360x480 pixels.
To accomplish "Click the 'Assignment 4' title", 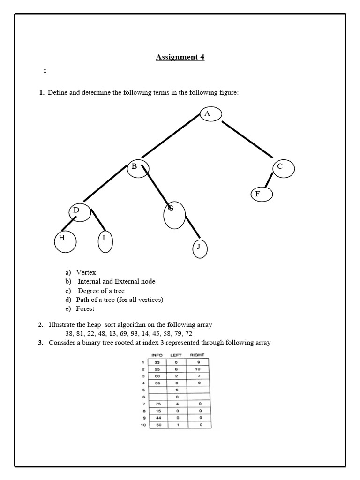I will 180,57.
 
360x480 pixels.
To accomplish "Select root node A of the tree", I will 210,114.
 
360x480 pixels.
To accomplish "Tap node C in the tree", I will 283,168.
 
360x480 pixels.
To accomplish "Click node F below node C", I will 261,194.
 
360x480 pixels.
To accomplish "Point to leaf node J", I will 199,247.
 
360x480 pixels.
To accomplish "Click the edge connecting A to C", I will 247,139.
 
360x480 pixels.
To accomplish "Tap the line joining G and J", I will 193,227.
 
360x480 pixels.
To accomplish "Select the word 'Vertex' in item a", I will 86,272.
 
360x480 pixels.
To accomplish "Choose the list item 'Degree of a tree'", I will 101,291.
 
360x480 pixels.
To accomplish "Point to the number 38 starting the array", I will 69,333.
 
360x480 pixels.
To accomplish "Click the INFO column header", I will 157,355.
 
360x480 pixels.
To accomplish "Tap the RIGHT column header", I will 197,355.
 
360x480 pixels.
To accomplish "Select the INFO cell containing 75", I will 157,403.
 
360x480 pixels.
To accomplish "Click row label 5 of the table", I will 143,389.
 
